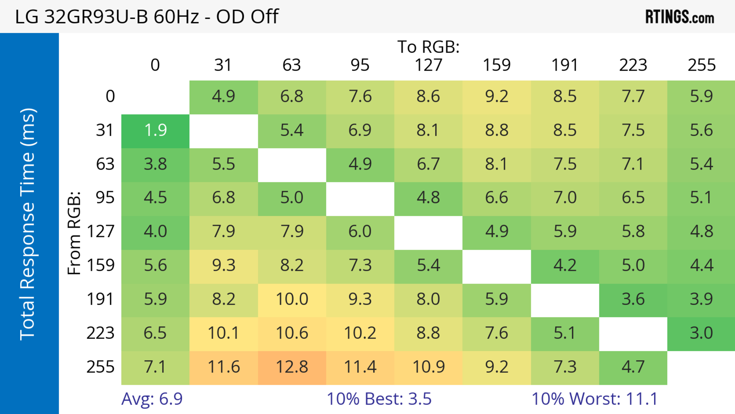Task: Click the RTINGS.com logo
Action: pyautogui.click(x=680, y=16)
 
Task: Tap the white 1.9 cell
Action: pyautogui.click(x=155, y=130)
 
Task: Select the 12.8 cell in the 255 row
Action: pyautogui.click(x=292, y=367)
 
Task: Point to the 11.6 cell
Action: pyautogui.click(x=223, y=367)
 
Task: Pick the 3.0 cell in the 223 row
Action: pyautogui.click(x=701, y=333)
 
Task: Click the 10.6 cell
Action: pyautogui.click(x=292, y=333)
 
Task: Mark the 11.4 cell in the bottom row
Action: pyautogui.click(x=360, y=367)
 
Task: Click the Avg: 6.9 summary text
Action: pyautogui.click(x=152, y=399)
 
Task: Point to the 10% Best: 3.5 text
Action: pyautogui.click(x=379, y=399)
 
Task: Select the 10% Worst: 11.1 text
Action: pyautogui.click(x=595, y=399)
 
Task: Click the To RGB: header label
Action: pyautogui.click(x=428, y=47)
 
